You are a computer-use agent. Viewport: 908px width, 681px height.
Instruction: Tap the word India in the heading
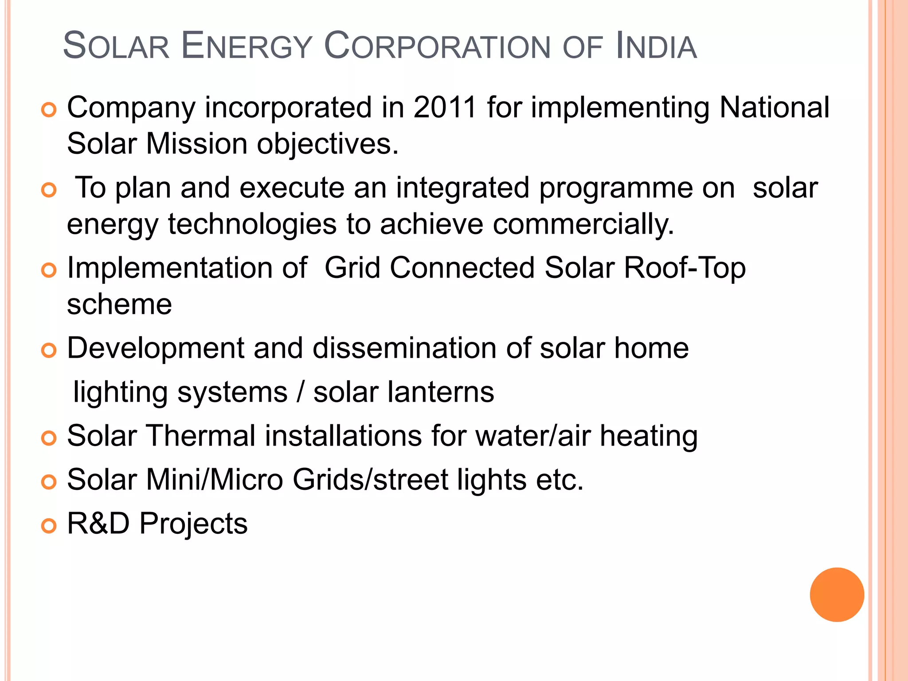(x=656, y=46)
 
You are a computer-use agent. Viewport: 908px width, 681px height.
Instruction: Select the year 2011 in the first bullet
(x=445, y=107)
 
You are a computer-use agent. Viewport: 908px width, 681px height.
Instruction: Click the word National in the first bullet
(x=774, y=107)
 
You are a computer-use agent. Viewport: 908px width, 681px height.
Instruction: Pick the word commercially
(x=583, y=224)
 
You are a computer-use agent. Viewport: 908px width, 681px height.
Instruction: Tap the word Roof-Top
(x=685, y=268)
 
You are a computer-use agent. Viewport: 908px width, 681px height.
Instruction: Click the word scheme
(x=119, y=305)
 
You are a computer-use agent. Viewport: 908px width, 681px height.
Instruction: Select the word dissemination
(x=404, y=348)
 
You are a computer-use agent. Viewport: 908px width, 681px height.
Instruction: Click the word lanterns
(x=441, y=392)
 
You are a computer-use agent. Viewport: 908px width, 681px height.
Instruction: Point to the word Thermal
(x=201, y=436)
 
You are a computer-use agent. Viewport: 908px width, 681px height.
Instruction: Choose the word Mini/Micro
(x=215, y=480)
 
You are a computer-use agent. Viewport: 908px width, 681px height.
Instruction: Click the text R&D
(x=98, y=524)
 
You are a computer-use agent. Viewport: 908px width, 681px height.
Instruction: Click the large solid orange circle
(x=837, y=595)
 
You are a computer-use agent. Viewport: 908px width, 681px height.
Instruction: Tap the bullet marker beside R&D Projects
(x=49, y=526)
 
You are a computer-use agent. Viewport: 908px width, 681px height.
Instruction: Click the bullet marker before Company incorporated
(x=49, y=110)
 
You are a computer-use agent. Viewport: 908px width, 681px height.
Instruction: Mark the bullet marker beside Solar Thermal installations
(x=49, y=438)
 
